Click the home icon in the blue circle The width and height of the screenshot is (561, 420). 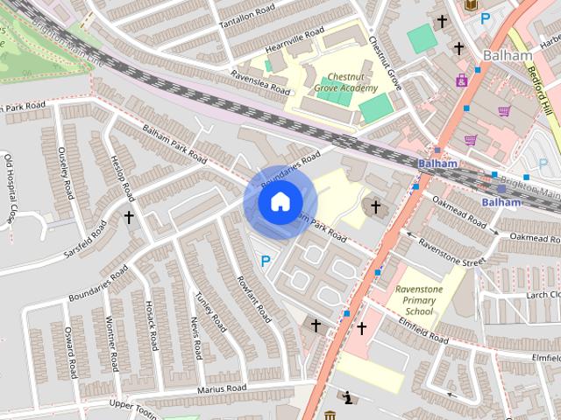click(280, 202)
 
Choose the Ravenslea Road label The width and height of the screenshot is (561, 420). click(259, 82)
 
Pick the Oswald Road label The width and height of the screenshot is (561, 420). click(65, 346)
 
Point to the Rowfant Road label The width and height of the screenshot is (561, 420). click(250, 300)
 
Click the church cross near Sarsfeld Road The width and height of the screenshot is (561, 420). click(129, 216)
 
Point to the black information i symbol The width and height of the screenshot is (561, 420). click(349, 399)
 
